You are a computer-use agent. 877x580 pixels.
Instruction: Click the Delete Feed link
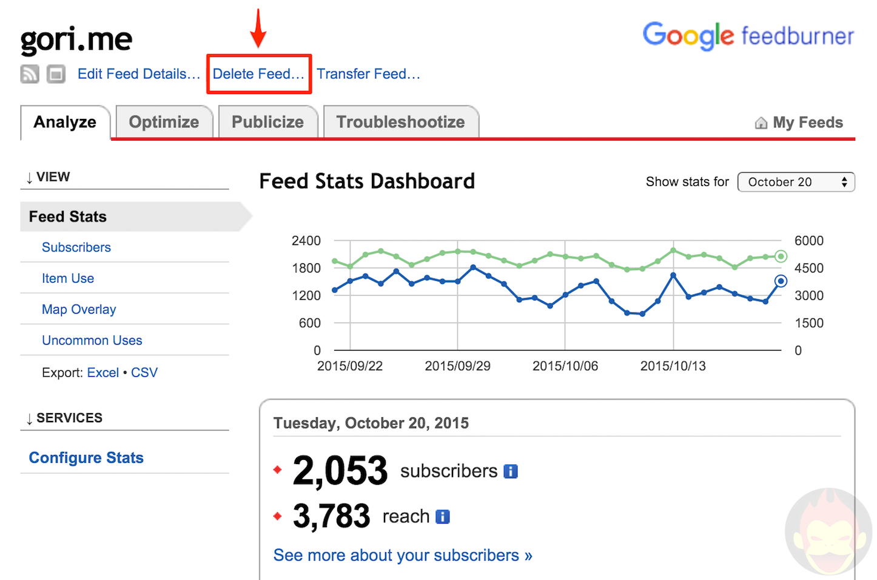click(x=258, y=74)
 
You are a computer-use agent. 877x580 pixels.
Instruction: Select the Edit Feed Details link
click(x=139, y=74)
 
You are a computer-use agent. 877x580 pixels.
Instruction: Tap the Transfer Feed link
click(x=368, y=74)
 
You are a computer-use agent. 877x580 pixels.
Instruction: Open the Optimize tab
click(x=164, y=122)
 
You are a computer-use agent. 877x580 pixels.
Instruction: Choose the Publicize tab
click(x=267, y=122)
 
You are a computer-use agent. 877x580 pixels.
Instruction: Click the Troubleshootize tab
click(x=400, y=122)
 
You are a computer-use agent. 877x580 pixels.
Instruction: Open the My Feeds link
click(x=807, y=123)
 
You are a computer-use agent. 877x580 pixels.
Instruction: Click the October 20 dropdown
click(x=796, y=182)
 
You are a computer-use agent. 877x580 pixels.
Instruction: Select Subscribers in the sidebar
click(x=76, y=248)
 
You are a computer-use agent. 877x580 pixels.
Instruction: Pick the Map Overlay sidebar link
click(x=79, y=309)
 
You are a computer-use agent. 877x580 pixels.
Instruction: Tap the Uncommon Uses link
click(x=92, y=340)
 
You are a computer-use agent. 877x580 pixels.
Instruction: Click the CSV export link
click(x=144, y=373)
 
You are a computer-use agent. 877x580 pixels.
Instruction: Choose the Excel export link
click(x=102, y=373)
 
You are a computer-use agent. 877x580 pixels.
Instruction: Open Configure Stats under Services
click(x=86, y=457)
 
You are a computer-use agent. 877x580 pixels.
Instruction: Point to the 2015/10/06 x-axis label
click(x=565, y=366)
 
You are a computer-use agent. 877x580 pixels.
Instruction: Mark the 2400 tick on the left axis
click(x=306, y=241)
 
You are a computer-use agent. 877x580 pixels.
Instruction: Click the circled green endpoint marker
click(x=781, y=256)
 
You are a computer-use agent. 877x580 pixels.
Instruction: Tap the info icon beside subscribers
click(x=511, y=471)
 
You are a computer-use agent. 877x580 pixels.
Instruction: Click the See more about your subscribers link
click(x=402, y=555)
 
